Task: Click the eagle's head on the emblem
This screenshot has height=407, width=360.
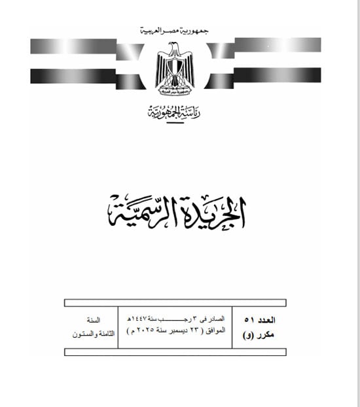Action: click(173, 49)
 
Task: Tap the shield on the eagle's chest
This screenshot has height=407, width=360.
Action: click(174, 68)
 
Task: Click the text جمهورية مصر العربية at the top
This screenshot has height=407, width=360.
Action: click(173, 31)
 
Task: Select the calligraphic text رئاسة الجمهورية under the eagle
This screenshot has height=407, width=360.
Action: click(173, 113)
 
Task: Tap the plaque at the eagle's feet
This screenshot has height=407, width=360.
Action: click(173, 88)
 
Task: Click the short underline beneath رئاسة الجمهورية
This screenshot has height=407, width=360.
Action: click(173, 122)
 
